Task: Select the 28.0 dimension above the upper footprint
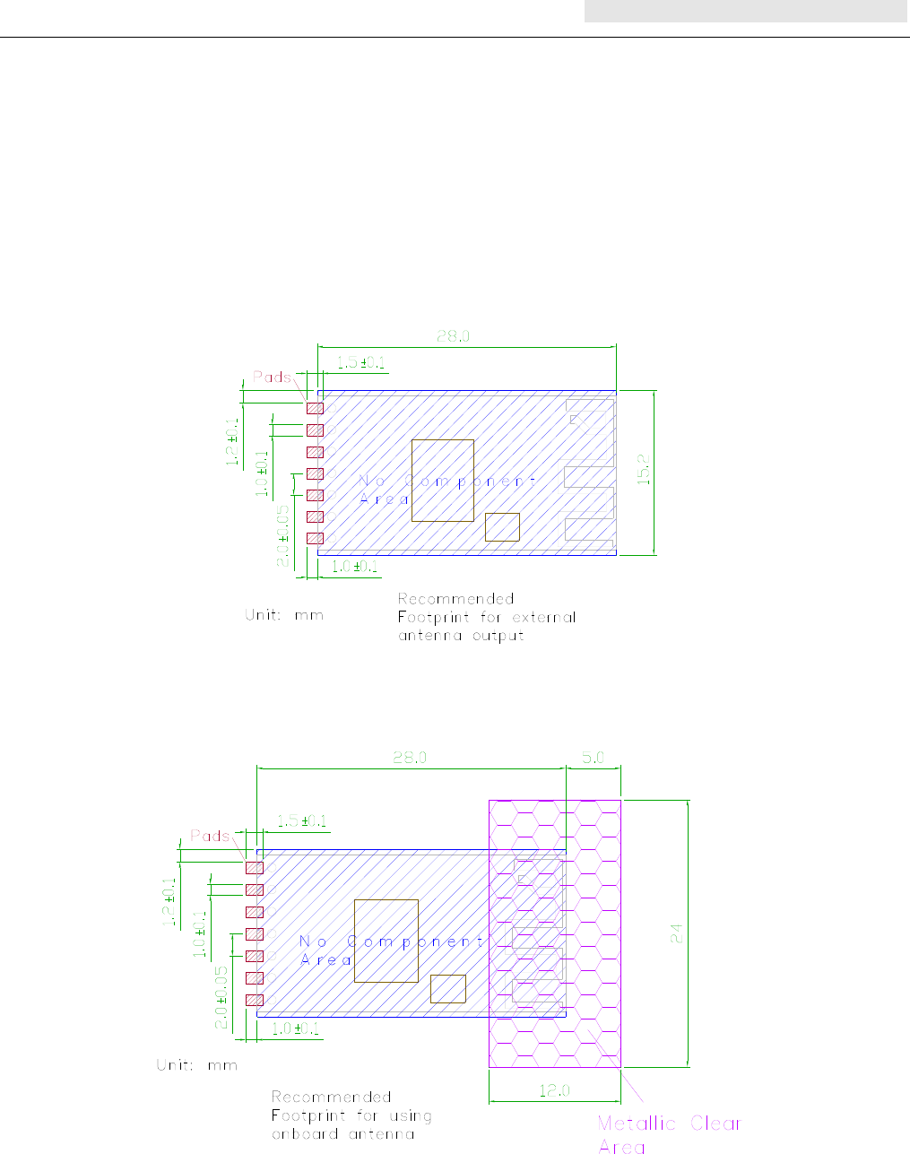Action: [x=454, y=337]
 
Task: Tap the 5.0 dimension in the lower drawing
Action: [x=594, y=758]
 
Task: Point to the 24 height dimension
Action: [x=678, y=933]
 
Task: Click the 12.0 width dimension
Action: [x=554, y=1091]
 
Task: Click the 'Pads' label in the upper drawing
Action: [x=272, y=377]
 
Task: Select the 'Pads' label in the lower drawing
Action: [x=210, y=836]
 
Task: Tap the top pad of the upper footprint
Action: [x=315, y=409]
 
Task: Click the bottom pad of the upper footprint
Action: [x=315, y=538]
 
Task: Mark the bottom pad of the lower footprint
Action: [x=254, y=1000]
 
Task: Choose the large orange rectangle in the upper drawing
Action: [x=443, y=481]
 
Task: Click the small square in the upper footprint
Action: [x=502, y=527]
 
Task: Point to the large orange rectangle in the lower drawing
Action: [x=386, y=941]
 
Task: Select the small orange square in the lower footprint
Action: [x=447, y=989]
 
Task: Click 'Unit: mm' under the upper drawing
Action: [x=284, y=616]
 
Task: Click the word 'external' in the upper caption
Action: [x=544, y=618]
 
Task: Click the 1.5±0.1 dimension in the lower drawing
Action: [x=301, y=821]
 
